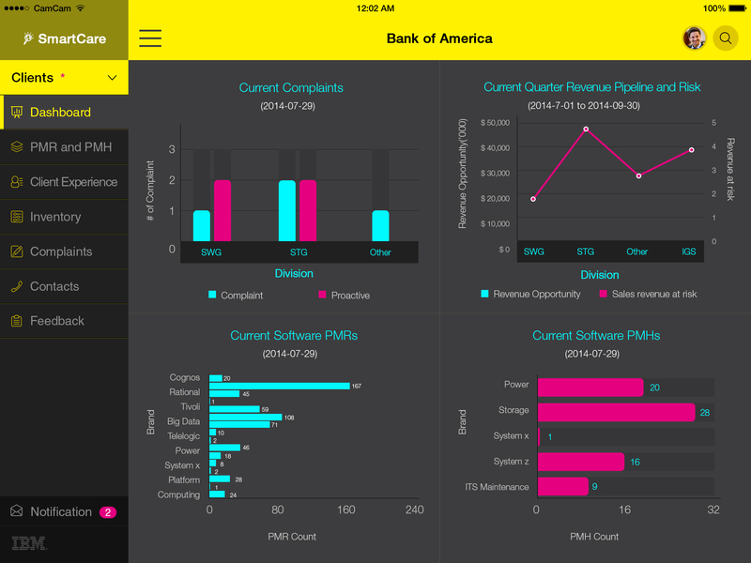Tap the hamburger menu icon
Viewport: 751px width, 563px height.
150,38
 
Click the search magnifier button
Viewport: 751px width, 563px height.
726,38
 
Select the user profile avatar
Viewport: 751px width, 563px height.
694,38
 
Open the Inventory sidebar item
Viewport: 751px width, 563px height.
55,217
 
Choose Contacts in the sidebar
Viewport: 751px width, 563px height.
54,286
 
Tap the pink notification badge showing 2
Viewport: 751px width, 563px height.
108,512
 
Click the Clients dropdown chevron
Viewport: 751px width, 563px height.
113,78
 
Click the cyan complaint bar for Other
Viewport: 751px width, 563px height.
380,225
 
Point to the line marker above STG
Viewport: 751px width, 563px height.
586,129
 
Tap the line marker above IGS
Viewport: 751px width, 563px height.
692,150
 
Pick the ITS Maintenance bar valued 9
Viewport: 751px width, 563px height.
562,486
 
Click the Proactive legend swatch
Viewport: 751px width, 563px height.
323,295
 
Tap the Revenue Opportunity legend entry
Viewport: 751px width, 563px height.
530,295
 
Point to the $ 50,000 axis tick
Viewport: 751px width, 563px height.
494,123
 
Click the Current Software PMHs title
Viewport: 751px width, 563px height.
596,336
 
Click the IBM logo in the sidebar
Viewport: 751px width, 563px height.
30,543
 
